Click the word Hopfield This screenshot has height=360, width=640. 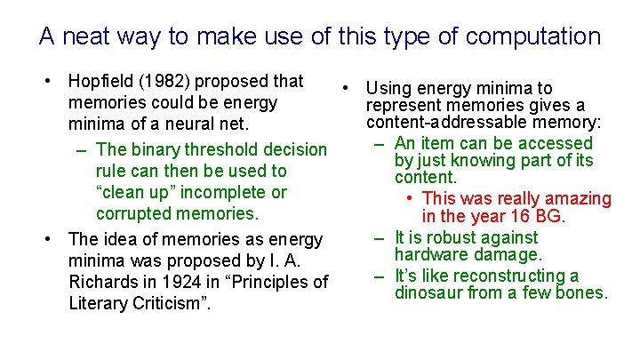[x=100, y=81]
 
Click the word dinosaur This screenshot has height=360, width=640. [x=429, y=292]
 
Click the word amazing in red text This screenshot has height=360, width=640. [x=579, y=198]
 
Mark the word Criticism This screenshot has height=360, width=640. [x=166, y=303]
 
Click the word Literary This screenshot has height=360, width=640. [x=98, y=303]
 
